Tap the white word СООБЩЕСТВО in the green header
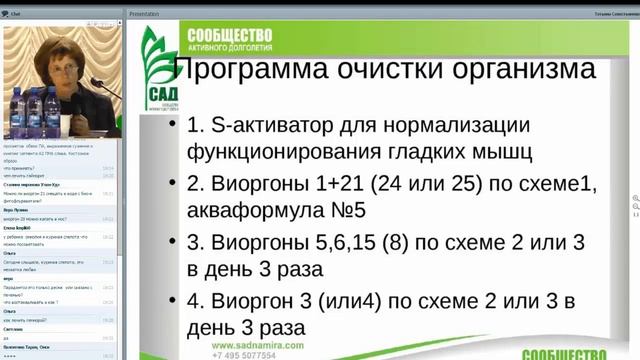point(230,34)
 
